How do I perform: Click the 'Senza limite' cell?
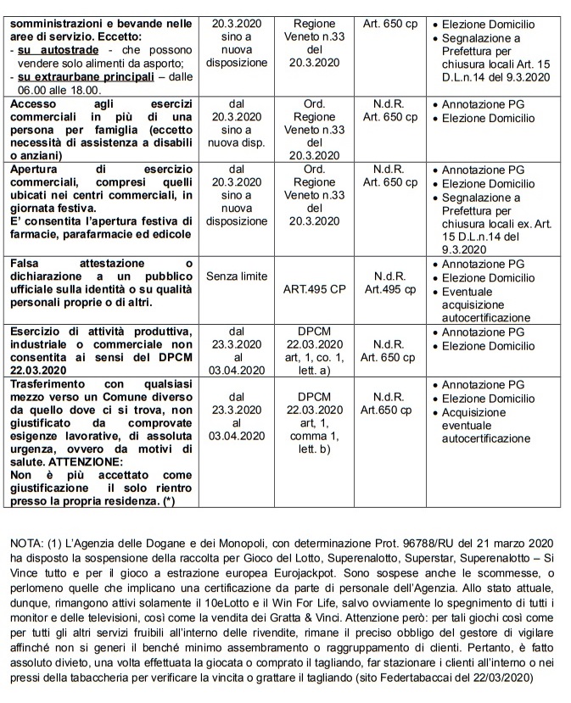pyautogui.click(x=236, y=276)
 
